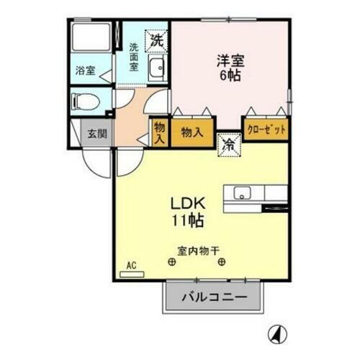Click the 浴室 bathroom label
[86, 71]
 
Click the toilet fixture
[86, 102]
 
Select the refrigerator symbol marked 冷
[228, 143]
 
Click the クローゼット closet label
[266, 130]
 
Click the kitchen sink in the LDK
[242, 192]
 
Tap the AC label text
[130, 266]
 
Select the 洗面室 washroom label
[134, 58]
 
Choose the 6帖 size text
[230, 76]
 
